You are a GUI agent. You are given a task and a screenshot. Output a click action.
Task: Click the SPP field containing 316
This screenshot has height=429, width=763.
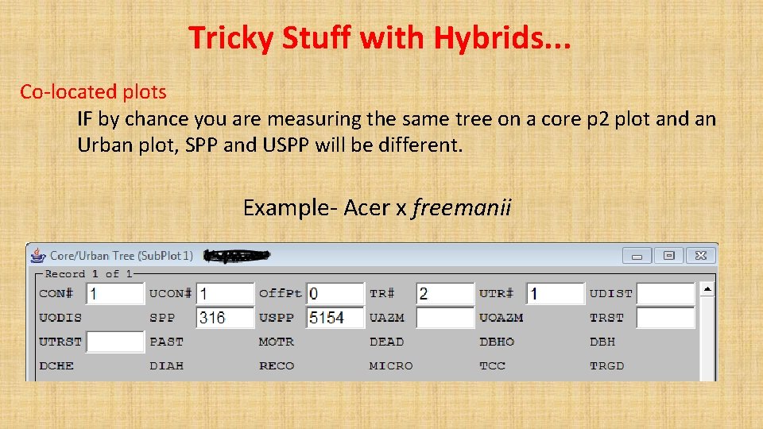pos(225,318)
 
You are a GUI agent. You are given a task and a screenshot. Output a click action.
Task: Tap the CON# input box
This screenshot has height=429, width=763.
pos(115,294)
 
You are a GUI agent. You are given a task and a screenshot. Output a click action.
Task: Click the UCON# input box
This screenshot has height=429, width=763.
pos(225,294)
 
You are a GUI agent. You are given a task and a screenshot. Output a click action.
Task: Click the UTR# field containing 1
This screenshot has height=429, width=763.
pos(555,294)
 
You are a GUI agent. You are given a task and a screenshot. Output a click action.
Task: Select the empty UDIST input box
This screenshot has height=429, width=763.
pos(665,294)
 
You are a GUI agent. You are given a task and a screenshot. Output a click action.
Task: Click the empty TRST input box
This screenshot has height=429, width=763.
pos(665,318)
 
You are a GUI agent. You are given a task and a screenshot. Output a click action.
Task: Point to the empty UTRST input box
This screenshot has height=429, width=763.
pos(115,342)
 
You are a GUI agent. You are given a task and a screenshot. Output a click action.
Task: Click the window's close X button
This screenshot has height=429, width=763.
pos(701,256)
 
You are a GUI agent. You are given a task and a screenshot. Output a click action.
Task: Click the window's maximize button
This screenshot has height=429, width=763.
pos(669,256)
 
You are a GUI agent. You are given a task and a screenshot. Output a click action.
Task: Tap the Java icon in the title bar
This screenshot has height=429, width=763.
pos(37,255)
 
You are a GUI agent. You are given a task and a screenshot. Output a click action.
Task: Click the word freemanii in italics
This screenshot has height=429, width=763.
pos(462,208)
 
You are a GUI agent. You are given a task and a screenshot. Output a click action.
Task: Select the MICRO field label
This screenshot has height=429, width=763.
pos(391,366)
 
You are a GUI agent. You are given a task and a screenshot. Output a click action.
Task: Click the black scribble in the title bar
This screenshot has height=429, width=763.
pos(236,255)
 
